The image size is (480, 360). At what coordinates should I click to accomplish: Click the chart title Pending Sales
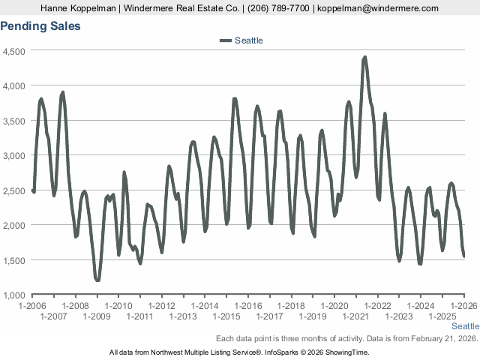(x=40, y=26)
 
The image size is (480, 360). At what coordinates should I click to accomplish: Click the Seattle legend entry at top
(x=248, y=40)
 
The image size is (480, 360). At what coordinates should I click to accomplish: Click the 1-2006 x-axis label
(x=32, y=306)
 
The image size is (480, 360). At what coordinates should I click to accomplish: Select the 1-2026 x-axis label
(x=464, y=306)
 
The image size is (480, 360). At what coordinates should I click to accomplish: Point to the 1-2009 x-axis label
(x=97, y=316)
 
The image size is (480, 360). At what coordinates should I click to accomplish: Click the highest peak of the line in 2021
(x=365, y=57)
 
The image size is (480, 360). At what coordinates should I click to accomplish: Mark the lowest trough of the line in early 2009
(x=97, y=280)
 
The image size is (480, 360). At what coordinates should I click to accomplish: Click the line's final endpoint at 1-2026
(x=464, y=256)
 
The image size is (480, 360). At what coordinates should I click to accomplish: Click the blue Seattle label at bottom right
(x=465, y=327)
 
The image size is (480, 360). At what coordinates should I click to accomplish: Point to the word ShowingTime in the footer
(x=349, y=352)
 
